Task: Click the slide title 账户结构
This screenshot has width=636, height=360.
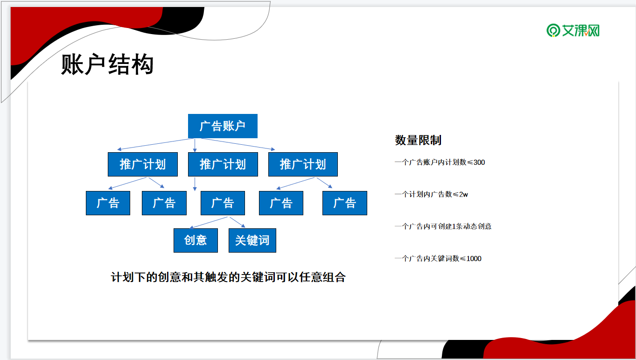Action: [107, 64]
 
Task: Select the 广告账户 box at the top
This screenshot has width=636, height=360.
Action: [223, 126]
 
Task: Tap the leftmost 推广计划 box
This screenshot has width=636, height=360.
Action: [142, 164]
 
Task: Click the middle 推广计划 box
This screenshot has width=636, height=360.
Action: [223, 164]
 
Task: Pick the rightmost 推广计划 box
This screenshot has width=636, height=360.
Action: [303, 164]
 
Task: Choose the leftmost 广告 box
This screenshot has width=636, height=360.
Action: [108, 203]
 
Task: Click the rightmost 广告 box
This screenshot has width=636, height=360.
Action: [345, 203]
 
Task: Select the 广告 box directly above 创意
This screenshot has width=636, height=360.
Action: [223, 203]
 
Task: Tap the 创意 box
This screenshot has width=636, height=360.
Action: [196, 240]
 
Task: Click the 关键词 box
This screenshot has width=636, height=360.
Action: [252, 240]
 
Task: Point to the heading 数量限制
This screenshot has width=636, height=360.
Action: [418, 140]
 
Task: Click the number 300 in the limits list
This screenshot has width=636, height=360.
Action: [479, 162]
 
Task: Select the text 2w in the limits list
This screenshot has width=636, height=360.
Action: [463, 194]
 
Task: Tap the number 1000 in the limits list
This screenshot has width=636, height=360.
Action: [474, 259]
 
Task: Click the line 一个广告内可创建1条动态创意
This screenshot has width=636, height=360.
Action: [443, 226]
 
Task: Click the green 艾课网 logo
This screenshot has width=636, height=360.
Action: [573, 30]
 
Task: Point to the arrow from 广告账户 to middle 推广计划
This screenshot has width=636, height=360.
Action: [195, 145]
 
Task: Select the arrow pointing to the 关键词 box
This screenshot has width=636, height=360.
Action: [238, 222]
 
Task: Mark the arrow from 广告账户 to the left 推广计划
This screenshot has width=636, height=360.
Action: [155, 144]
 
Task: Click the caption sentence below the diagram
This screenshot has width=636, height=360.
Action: [228, 277]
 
